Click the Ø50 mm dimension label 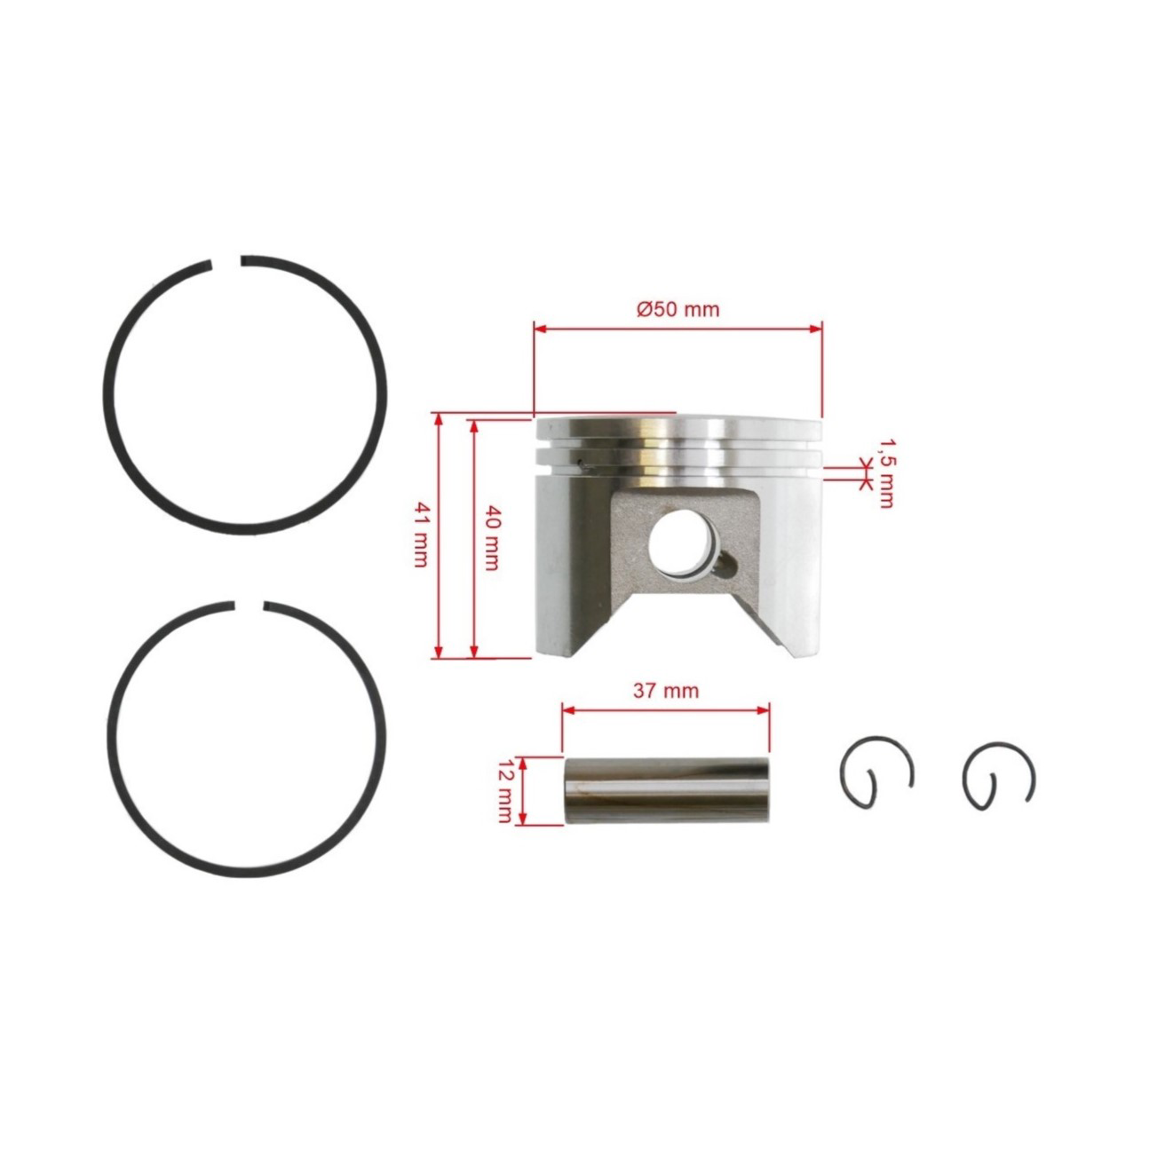[x=678, y=309]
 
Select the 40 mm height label [x=491, y=538]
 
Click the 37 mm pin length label [x=666, y=691]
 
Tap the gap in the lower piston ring [x=247, y=606]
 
